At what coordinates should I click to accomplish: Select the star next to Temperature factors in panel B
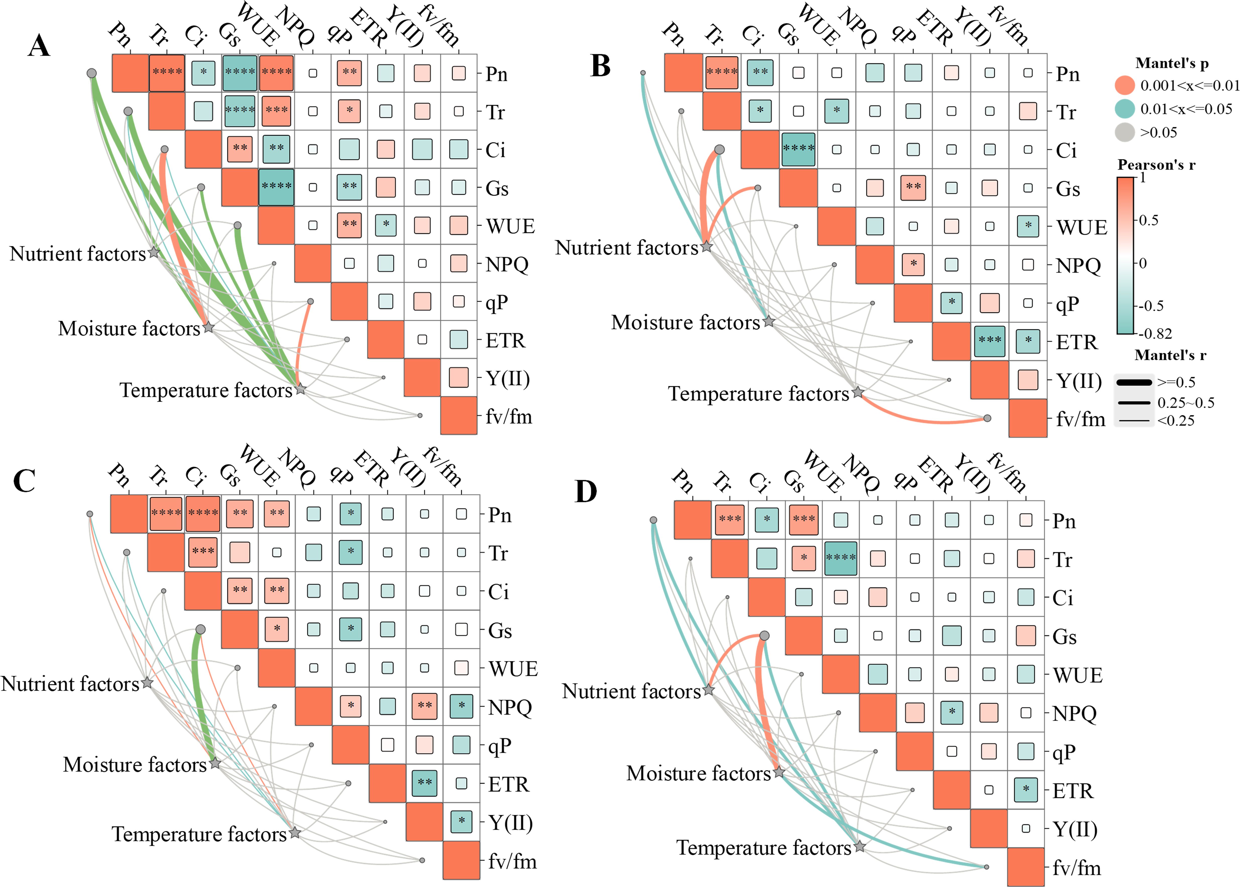tap(858, 392)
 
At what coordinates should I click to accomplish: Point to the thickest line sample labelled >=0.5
tap(1134, 382)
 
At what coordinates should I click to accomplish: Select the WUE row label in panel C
tap(512, 669)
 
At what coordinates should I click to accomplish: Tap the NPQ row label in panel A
tap(507, 264)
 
